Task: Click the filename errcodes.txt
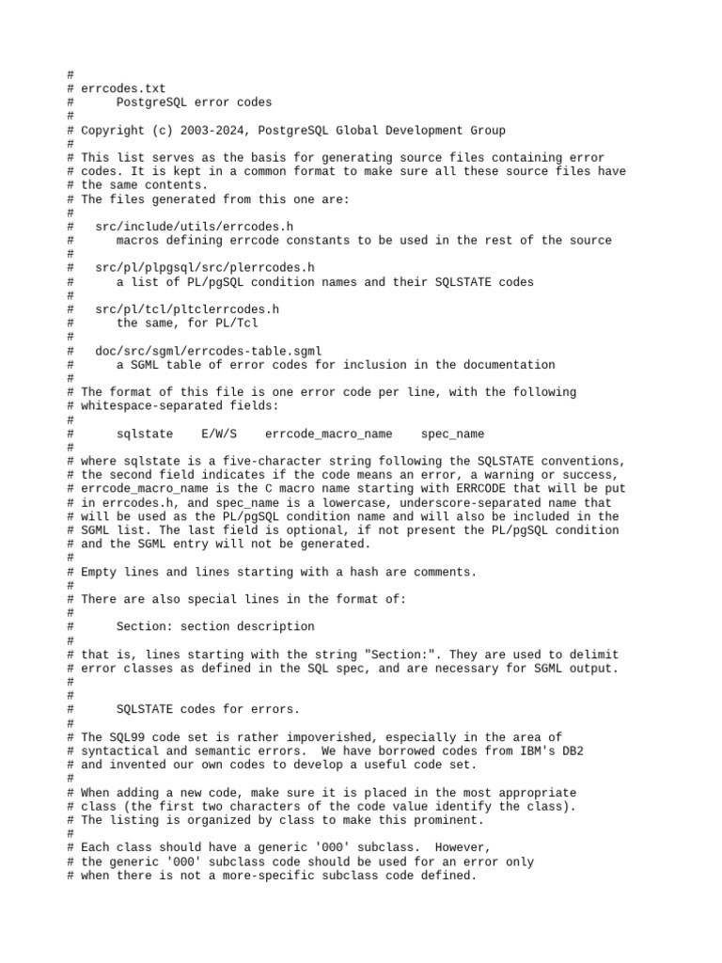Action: click(123, 88)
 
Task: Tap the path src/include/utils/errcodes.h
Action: click(195, 227)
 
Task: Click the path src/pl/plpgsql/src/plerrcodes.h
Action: click(205, 268)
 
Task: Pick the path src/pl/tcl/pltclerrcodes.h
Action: click(187, 309)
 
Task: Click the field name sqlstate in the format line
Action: click(145, 434)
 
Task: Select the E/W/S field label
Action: click(219, 434)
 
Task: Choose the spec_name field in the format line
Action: click(452, 434)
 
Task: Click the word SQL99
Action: click(131, 737)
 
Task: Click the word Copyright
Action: click(113, 131)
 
